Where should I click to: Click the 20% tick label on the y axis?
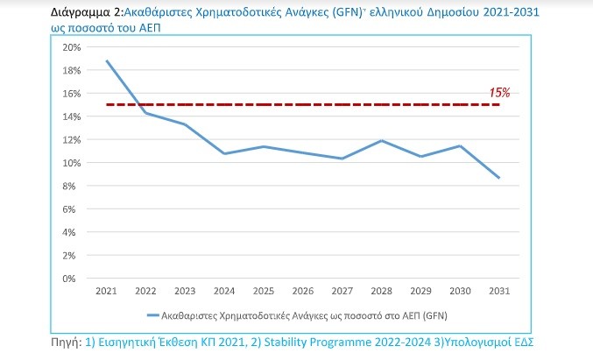tap(70, 47)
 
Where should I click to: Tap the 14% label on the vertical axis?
tap(70, 116)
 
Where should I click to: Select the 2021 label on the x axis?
tap(107, 291)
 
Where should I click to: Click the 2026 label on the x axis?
tap(303, 291)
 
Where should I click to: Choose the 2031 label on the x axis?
tap(499, 291)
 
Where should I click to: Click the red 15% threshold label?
tap(500, 92)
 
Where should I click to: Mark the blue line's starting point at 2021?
tap(107, 61)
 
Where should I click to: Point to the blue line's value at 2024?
tap(224, 153)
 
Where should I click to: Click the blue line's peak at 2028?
tap(382, 140)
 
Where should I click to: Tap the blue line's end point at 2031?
tap(499, 178)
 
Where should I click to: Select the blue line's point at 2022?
tap(146, 113)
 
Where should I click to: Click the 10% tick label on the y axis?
tap(70, 163)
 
